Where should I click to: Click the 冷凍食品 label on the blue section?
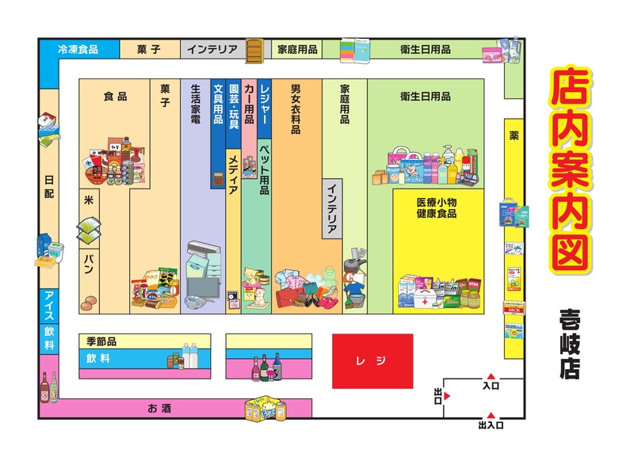(78, 49)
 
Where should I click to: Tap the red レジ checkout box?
(372, 360)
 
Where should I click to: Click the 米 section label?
(89, 200)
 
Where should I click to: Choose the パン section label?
(89, 266)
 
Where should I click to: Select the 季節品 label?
(102, 341)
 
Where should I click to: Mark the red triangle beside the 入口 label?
(491, 376)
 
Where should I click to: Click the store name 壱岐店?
(568, 344)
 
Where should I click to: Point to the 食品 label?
(115, 97)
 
